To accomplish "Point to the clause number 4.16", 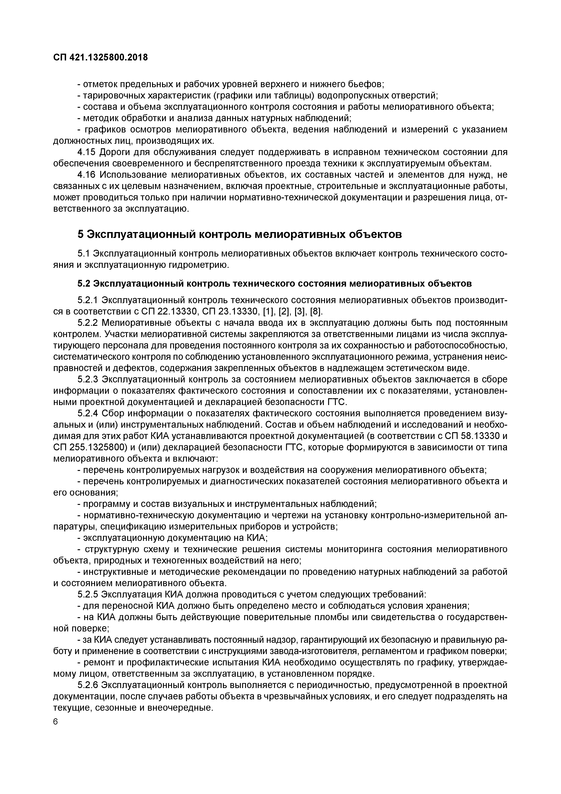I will [x=87, y=175].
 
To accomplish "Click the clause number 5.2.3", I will [x=89, y=379].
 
